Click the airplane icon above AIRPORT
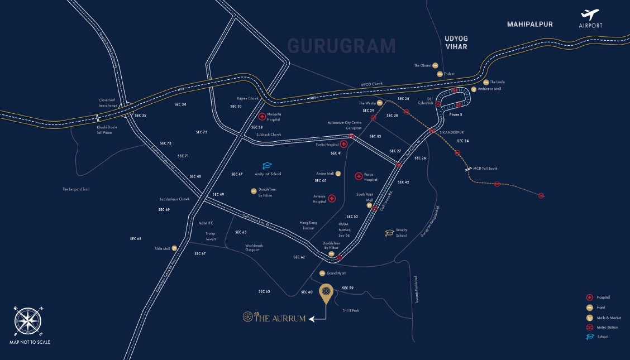point(590,15)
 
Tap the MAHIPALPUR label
point(529,25)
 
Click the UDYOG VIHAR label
point(455,42)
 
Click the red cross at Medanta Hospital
point(262,117)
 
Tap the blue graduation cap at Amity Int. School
point(267,166)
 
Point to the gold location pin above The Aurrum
point(326,292)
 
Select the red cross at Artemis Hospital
point(331,199)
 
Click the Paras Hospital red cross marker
point(359,176)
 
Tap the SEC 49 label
point(218,194)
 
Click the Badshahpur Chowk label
point(174,199)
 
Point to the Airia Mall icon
point(174,248)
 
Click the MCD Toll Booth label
point(485,169)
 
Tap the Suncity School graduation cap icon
point(389,233)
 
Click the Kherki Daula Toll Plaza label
point(108,129)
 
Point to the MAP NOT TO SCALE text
point(30,342)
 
